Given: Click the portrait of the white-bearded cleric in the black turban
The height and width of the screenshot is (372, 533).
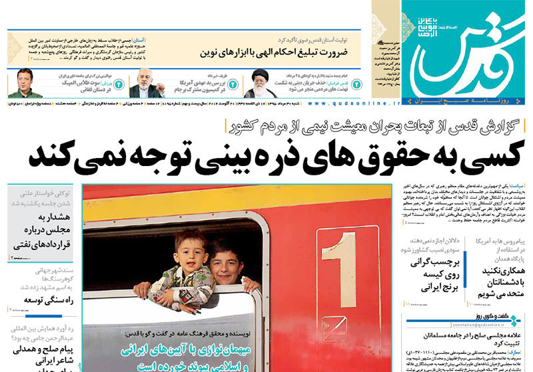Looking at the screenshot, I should pyautogui.click(x=259, y=83).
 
